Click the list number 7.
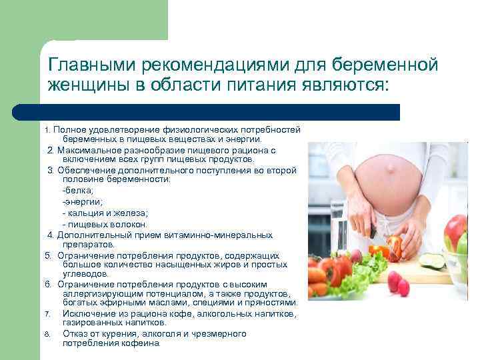pos(48,314)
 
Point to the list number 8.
pos(48,334)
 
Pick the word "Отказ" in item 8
pos(76,333)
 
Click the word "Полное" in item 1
pos(67,129)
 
